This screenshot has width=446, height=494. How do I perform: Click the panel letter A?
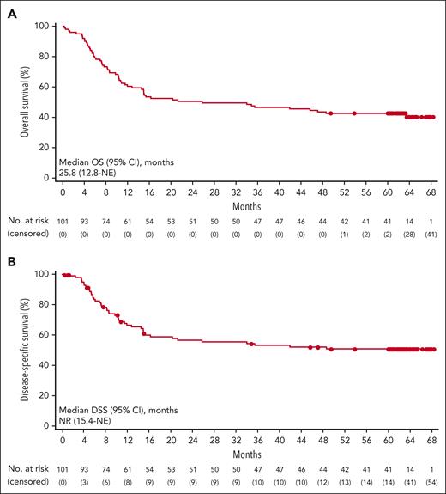tap(9, 9)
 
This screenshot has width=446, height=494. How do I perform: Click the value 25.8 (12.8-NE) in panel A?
tap(87, 172)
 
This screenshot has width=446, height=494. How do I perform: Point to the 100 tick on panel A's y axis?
tap(41, 26)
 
